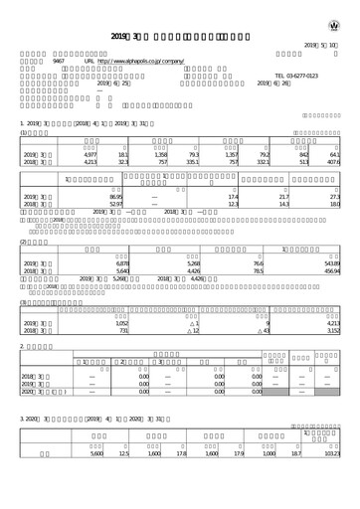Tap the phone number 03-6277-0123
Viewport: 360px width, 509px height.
click(296, 76)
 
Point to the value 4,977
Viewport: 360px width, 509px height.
click(89, 155)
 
